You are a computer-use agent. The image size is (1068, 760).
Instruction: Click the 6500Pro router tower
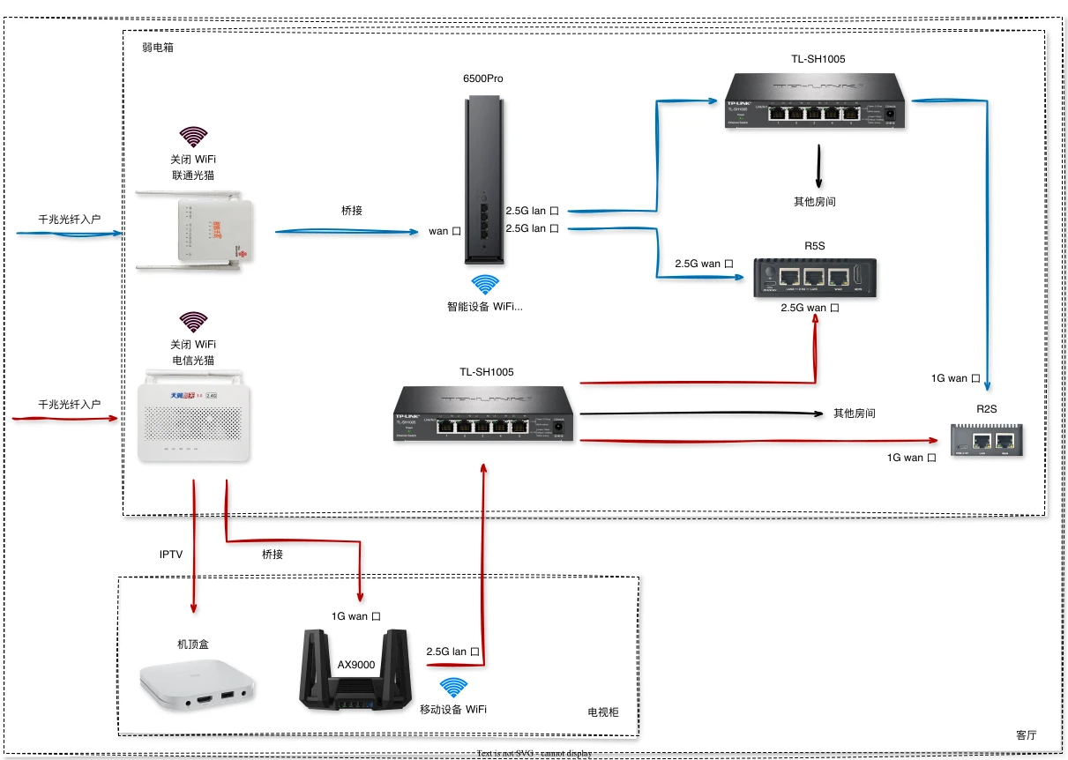point(484,181)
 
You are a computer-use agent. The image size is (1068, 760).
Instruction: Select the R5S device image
point(814,278)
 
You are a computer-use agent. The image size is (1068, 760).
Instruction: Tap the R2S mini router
point(987,438)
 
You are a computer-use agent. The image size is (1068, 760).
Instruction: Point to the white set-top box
point(198,682)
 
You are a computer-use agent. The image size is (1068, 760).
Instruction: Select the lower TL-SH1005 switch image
point(483,414)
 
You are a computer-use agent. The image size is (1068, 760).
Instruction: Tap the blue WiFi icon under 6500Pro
point(484,284)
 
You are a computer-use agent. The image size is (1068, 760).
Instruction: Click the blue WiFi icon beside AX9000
point(453,688)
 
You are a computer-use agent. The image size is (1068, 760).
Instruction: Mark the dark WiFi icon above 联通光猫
point(193,137)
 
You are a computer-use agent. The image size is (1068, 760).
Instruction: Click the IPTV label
point(171,555)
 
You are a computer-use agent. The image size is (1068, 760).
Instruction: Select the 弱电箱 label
point(158,48)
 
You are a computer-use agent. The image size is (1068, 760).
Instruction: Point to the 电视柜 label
point(603,712)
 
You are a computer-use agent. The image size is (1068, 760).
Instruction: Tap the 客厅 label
point(1026,734)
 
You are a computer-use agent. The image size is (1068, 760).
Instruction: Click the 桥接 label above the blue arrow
point(352,211)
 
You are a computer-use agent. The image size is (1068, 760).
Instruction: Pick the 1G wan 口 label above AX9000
point(357,616)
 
